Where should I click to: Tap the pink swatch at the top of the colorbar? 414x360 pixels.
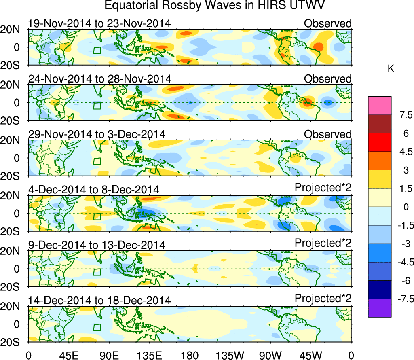coord(380,106)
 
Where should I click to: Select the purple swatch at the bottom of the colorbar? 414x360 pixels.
coord(380,308)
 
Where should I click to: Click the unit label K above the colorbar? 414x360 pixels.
coord(391,69)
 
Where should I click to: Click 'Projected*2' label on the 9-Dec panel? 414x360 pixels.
coord(323,244)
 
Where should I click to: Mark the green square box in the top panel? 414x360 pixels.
coord(97,51)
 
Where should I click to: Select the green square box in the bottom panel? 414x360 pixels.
coord(97,327)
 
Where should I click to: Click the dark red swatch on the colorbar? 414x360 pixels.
coord(380,124)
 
